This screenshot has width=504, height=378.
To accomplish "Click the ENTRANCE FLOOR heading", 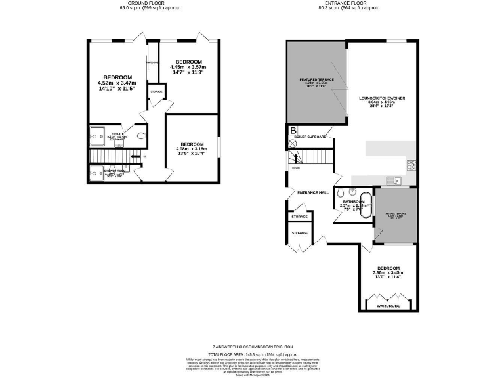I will pos(350,4).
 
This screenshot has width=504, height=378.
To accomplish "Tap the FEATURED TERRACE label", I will pos(317,80).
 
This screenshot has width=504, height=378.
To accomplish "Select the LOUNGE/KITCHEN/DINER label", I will pos(381,98).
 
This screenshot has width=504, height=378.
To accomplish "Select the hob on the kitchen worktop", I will pos(413,164).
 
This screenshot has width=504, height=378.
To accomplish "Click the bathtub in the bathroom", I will pos(366,205).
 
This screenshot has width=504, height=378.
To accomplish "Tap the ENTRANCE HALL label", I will pos(313,192).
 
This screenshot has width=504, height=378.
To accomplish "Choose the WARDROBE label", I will pos(388,306).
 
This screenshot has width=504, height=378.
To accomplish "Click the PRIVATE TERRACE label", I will pos(396,214).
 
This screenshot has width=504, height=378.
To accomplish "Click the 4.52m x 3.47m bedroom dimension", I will pos(117,83).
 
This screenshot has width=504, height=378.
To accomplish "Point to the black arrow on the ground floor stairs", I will pos(135,156).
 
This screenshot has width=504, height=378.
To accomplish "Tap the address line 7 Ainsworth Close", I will pos(252,346).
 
